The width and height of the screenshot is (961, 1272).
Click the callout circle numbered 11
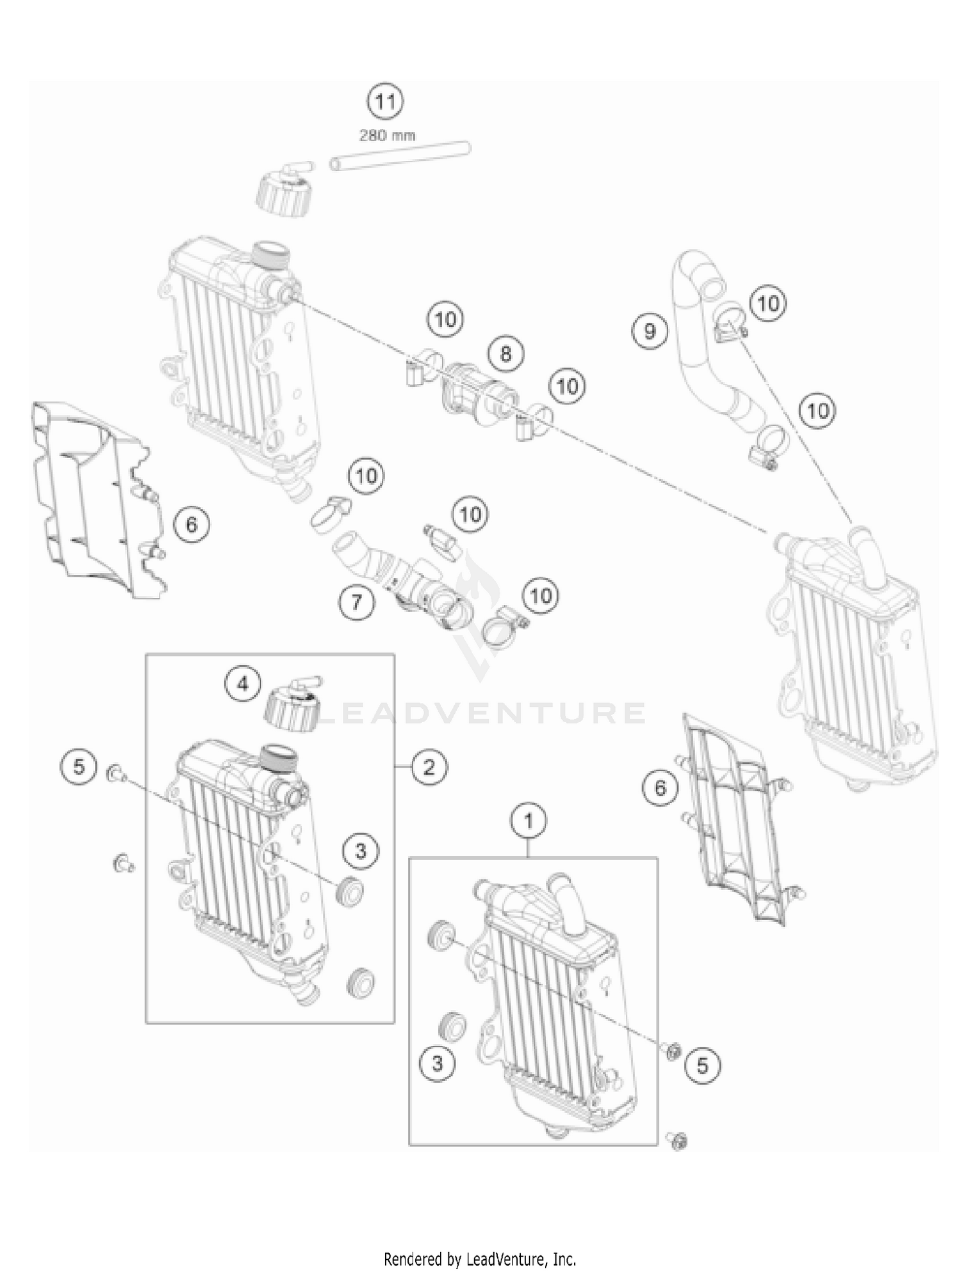(385, 101)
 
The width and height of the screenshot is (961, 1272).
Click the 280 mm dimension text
(386, 135)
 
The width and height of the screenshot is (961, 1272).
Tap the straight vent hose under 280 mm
(400, 157)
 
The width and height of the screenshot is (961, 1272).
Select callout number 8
(505, 353)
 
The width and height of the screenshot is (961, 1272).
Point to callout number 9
(650, 331)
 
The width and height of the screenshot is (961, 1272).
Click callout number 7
(356, 602)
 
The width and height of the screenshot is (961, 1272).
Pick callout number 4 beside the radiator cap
(243, 684)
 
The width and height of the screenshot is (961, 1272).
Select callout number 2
(429, 766)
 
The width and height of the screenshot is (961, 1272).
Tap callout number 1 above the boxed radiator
(529, 820)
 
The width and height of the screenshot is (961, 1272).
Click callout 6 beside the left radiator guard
(192, 525)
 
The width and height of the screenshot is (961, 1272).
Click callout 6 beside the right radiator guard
(661, 788)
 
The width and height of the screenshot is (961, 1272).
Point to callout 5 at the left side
(79, 766)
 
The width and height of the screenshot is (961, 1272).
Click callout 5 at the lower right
(703, 1066)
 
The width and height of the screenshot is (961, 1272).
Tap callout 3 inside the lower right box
(438, 1064)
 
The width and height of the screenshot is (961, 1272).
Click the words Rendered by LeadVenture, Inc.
(480, 1259)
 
